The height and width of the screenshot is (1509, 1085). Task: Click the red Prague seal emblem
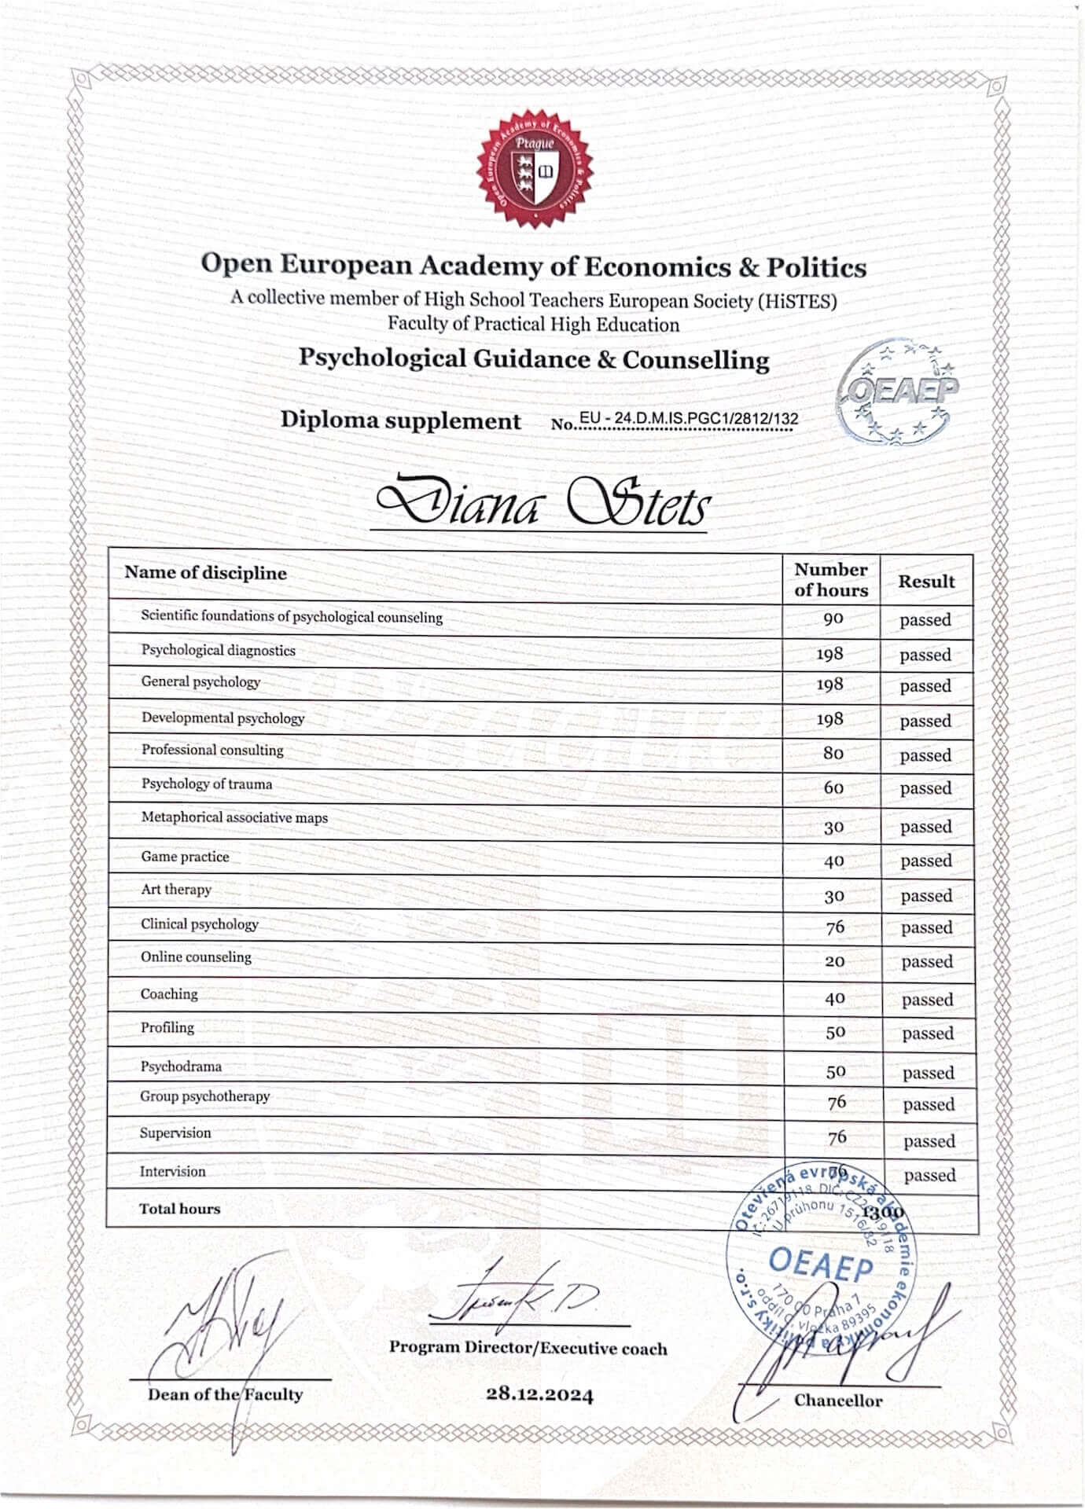[x=535, y=169]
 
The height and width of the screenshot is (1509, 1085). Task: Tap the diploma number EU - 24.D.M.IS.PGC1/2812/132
[x=688, y=419]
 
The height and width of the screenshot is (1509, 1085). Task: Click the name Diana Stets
[x=542, y=504]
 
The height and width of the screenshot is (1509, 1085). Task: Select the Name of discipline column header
[x=205, y=573]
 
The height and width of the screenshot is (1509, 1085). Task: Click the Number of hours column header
[x=831, y=580]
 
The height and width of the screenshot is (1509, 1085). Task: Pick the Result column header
[x=926, y=582]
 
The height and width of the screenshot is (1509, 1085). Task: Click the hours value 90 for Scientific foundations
[x=833, y=619]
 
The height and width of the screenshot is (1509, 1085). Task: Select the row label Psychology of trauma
[x=206, y=784]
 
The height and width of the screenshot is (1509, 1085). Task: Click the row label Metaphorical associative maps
[x=234, y=818]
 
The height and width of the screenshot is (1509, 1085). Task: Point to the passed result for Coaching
[x=927, y=1000]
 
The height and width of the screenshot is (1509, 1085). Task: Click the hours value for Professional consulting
[x=833, y=753]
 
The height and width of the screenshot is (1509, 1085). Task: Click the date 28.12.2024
[x=539, y=1395]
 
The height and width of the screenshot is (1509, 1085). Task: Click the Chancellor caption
[x=837, y=1401]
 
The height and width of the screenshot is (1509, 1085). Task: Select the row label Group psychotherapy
[x=204, y=1096]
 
